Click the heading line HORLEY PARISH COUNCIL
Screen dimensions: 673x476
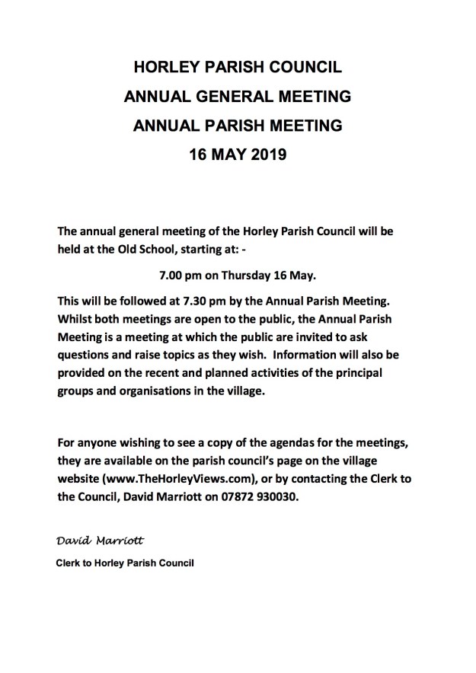click(238, 68)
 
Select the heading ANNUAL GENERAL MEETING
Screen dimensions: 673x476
click(238, 97)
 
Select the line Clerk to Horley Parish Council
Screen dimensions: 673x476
click(125, 564)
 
